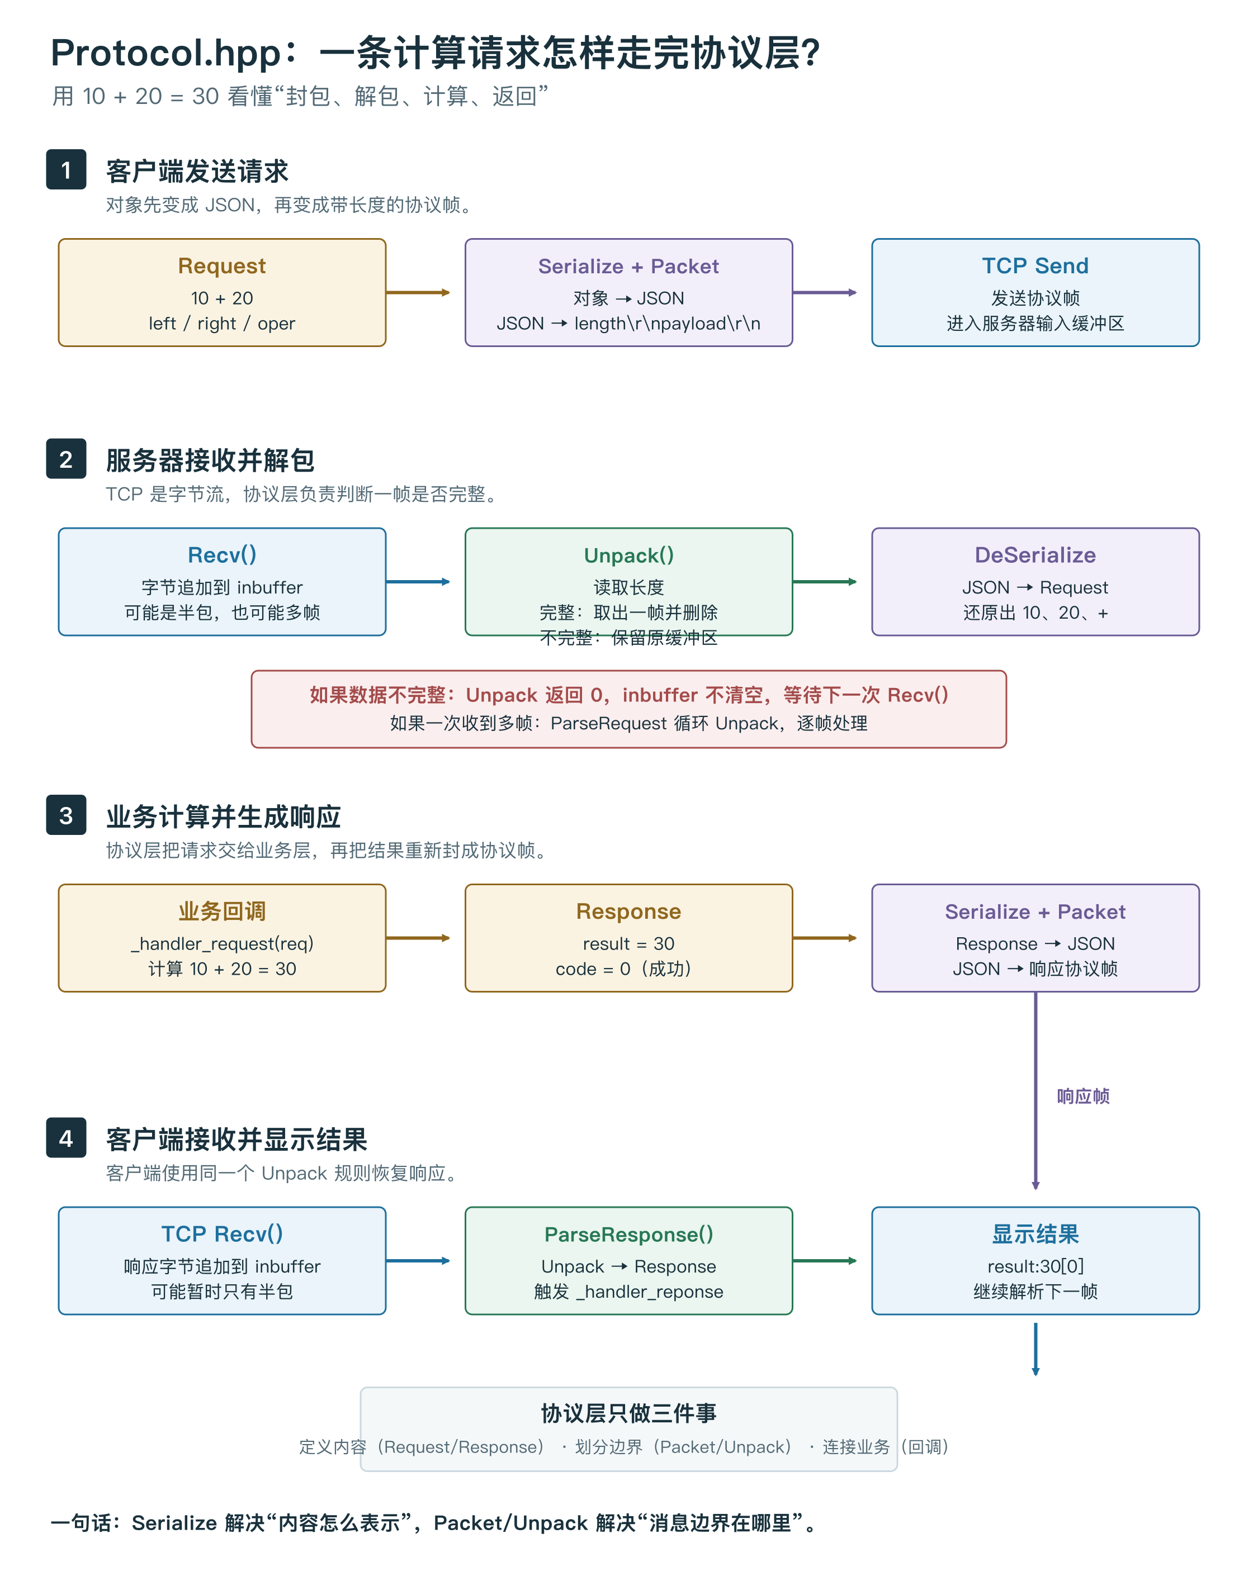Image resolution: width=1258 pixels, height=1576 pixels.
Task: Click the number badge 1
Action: click(66, 169)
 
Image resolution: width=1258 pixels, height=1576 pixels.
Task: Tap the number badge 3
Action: click(66, 815)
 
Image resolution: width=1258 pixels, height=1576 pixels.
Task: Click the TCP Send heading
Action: click(1035, 265)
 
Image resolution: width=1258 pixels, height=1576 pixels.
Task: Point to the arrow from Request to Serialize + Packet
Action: click(418, 292)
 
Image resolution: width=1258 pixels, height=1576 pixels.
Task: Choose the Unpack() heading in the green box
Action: click(628, 555)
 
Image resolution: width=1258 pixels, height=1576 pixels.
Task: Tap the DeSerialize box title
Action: click(1035, 555)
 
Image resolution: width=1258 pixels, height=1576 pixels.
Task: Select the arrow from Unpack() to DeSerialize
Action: click(824, 582)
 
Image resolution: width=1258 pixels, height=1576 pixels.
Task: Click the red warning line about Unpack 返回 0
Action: click(628, 695)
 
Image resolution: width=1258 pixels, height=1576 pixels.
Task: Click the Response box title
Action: click(628, 912)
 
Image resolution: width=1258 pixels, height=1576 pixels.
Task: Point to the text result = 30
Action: click(628, 944)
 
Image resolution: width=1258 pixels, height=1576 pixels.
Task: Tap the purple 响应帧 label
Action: click(1083, 1096)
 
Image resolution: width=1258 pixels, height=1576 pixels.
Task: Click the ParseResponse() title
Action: click(628, 1234)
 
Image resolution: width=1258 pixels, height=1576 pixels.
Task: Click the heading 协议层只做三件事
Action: click(628, 1412)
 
